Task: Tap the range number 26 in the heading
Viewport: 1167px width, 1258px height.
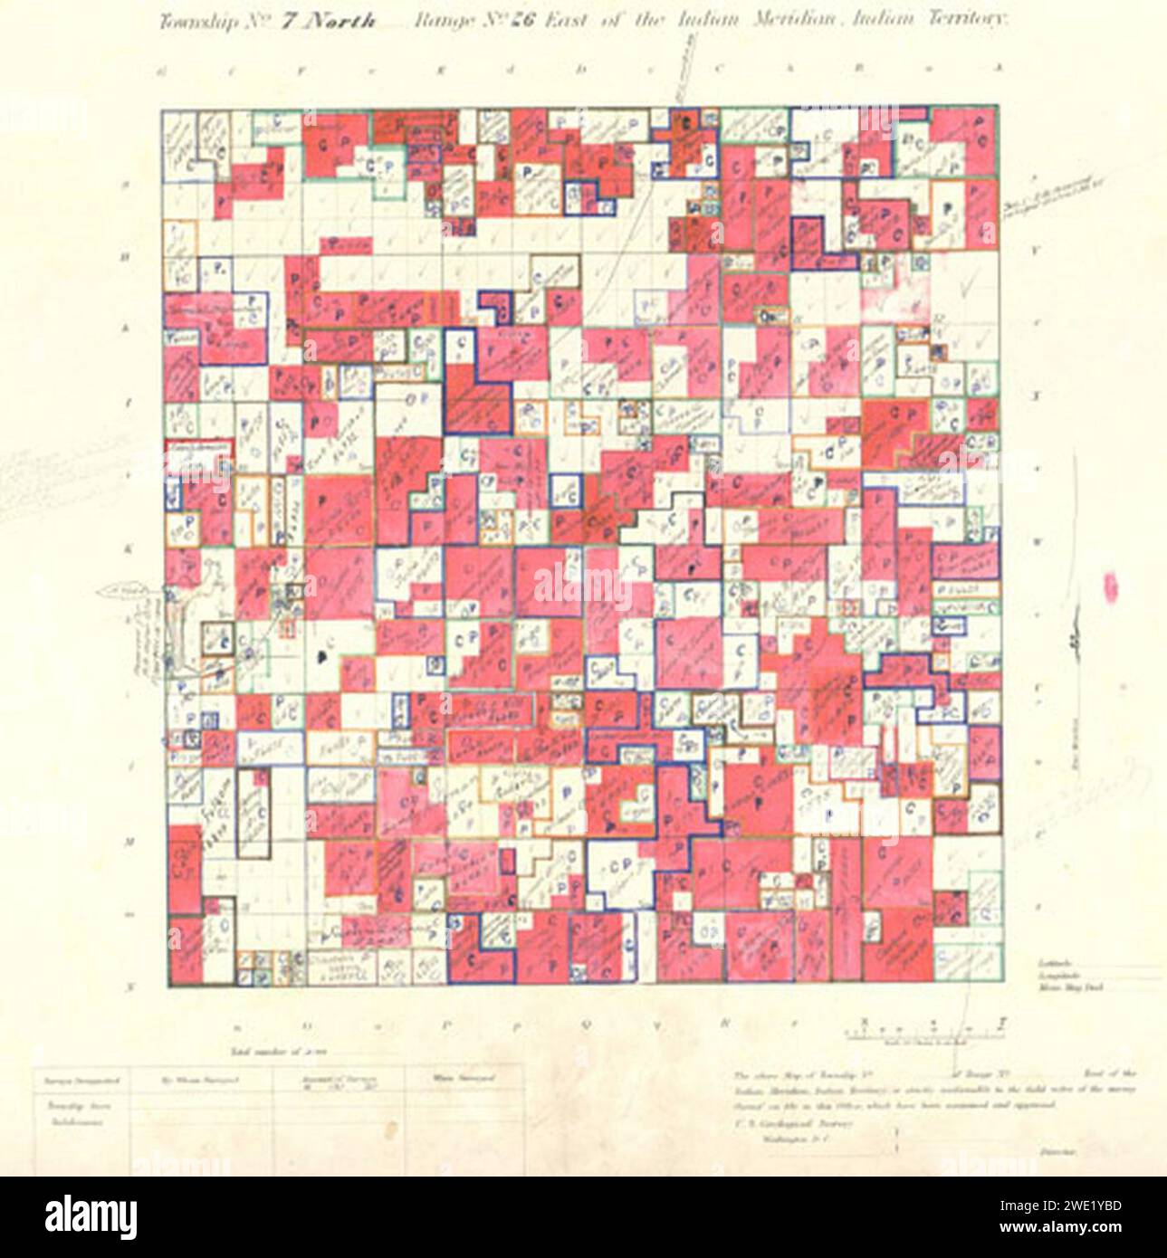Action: pos(523,23)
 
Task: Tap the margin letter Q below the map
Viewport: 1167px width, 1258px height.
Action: pos(587,1025)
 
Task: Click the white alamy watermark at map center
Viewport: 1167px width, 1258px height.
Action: pos(582,586)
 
